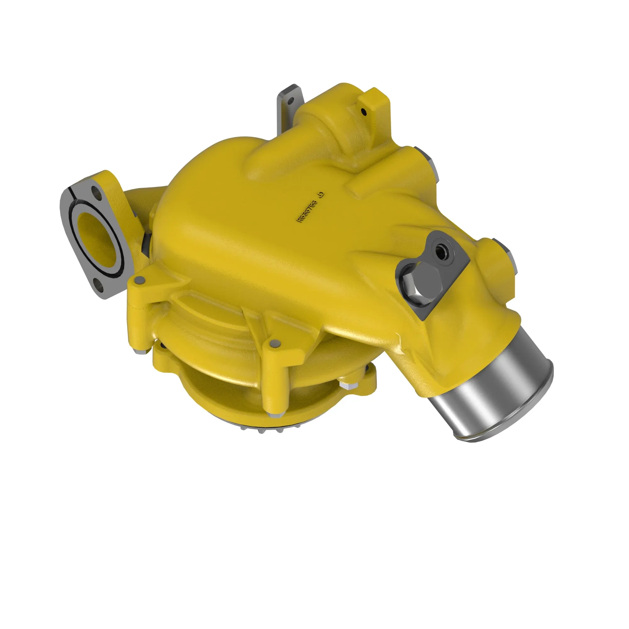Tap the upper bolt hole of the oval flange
(x=95, y=191)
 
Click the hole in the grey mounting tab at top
(x=291, y=100)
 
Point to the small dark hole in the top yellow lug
(x=364, y=112)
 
